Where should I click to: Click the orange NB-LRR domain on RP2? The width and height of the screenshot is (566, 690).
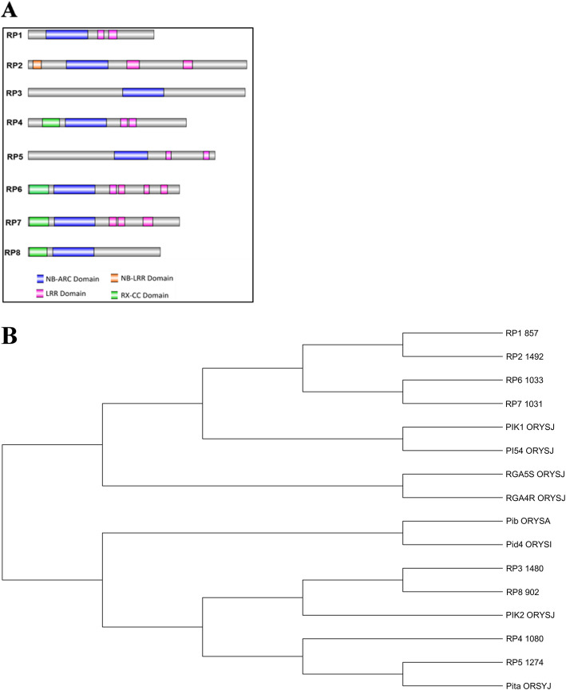[37, 64]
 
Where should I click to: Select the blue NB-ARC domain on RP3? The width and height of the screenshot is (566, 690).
[143, 93]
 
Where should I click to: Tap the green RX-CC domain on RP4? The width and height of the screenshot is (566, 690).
[51, 122]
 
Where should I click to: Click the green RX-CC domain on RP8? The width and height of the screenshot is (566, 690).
[38, 252]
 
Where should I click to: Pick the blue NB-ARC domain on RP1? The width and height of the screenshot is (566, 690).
[67, 34]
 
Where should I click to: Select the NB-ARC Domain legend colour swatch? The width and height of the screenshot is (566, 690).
[42, 278]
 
